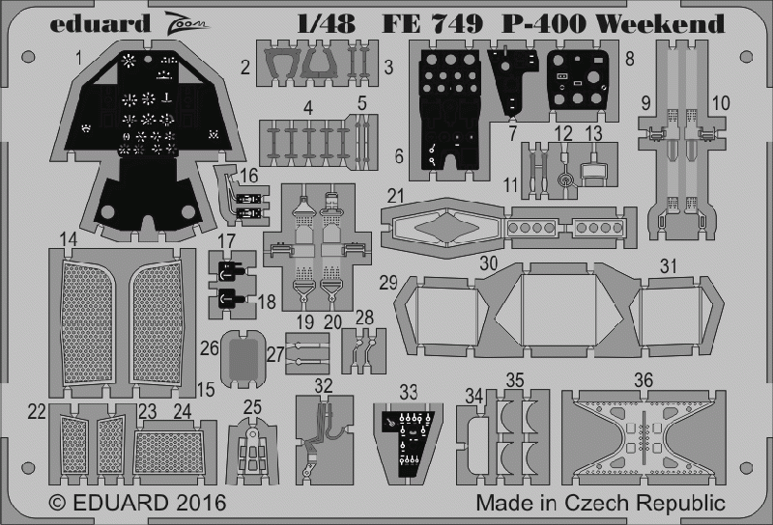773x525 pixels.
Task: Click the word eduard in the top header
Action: [x=100, y=23]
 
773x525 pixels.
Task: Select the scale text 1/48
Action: [x=326, y=23]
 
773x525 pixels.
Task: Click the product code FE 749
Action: [x=431, y=23]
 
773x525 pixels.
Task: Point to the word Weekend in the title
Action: [x=661, y=23]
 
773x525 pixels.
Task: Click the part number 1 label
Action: [x=79, y=59]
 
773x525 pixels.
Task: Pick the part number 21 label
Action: [x=395, y=196]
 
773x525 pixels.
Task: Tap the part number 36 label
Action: [x=644, y=379]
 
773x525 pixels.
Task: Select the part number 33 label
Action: [x=409, y=393]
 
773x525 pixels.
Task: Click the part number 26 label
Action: [x=209, y=348]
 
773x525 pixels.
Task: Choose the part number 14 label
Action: [x=69, y=240]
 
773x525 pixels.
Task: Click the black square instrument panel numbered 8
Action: [x=578, y=79]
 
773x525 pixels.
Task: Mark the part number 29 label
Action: [x=388, y=283]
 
